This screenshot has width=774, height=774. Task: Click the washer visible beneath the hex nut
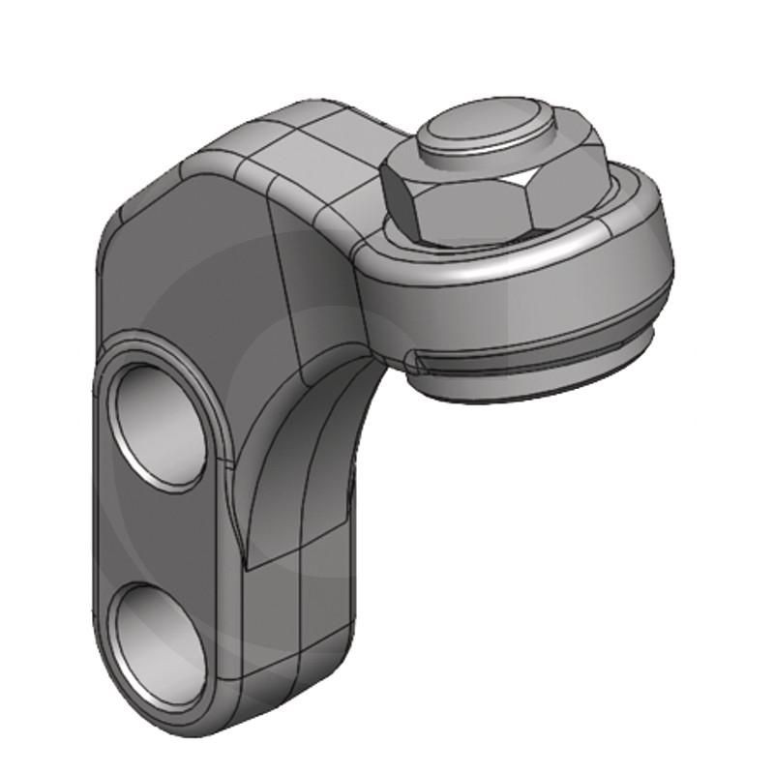click(619, 208)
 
